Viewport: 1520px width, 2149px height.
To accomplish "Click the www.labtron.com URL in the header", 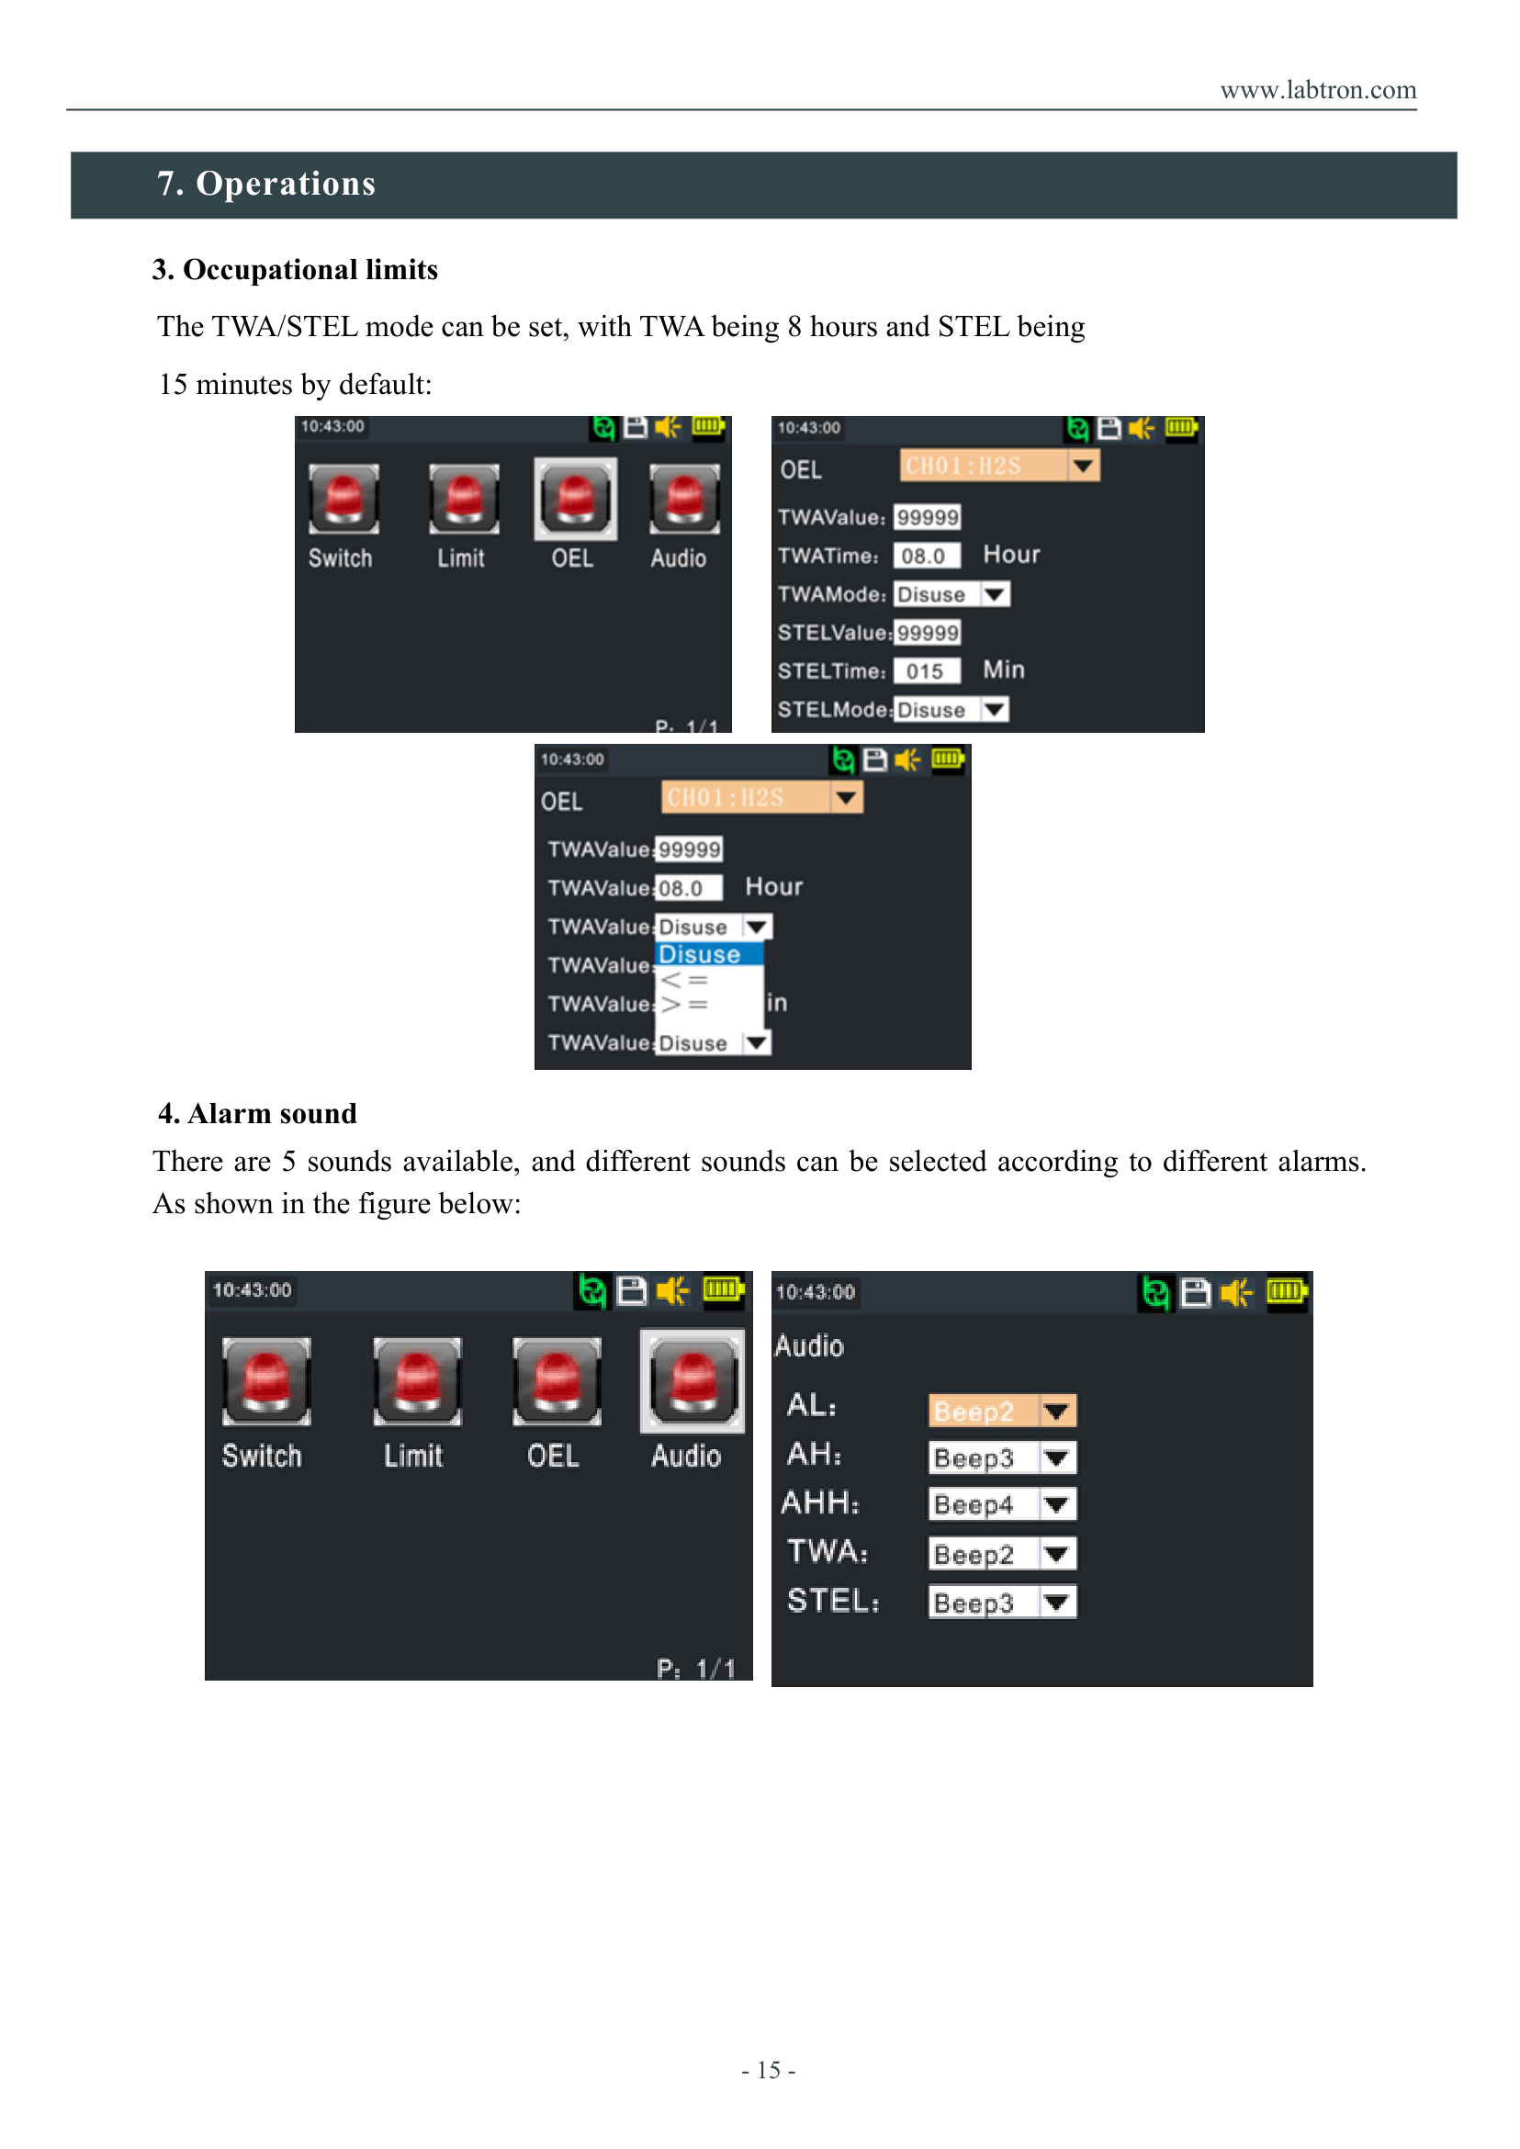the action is pos(1318,90).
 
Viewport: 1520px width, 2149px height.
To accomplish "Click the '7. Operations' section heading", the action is pos(266,184).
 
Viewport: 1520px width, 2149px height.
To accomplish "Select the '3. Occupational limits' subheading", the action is pos(295,270).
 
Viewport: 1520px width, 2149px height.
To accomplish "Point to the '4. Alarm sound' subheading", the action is pos(257,1113).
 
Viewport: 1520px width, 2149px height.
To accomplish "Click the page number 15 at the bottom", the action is pos(769,2069).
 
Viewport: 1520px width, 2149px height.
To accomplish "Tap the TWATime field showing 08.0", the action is pos(927,556).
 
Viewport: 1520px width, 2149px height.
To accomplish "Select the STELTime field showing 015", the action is pos(927,671).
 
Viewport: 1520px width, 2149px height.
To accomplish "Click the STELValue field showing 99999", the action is pos(927,633).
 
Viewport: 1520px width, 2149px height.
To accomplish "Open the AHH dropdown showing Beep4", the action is pos(1002,1504).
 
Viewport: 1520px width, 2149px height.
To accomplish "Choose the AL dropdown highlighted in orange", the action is pos(1002,1411).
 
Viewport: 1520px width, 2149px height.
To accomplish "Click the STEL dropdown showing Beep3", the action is pos(1002,1602).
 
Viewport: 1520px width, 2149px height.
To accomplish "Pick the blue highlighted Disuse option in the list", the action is pos(709,954).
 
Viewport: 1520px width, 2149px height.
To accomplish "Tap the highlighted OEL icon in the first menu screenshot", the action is pos(576,499).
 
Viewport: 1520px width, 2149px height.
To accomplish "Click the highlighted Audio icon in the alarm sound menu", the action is pos(692,1381).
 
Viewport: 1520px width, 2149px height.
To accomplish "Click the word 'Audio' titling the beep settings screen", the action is pos(810,1346).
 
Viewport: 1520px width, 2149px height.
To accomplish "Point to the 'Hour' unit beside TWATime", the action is pos(1012,555).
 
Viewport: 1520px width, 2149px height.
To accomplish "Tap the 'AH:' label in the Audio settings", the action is pos(815,1454).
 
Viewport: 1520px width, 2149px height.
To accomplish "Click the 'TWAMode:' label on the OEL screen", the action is pos(832,594).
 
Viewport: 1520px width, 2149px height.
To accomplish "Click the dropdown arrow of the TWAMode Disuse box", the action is pos(995,594).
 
